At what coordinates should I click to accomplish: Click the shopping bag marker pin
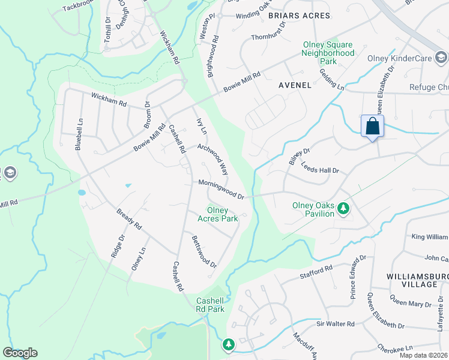point(372,127)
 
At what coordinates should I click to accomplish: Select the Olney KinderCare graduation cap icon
point(441,58)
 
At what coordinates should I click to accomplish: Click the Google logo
point(20,353)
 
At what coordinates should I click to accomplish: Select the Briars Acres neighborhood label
point(299,15)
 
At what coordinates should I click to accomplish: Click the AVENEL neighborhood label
point(295,85)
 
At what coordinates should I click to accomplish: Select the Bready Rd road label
point(129,218)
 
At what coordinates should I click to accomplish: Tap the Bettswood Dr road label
point(203,251)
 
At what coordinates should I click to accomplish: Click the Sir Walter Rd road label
point(336,324)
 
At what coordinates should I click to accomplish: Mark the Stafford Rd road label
point(316,273)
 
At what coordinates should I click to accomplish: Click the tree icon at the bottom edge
point(228,345)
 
